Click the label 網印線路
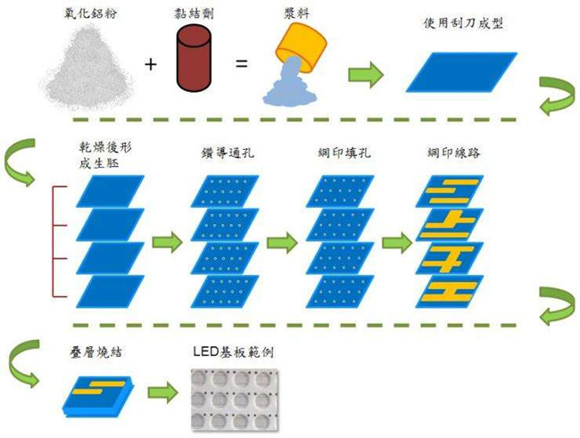tap(454, 153)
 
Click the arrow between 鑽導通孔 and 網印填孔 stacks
tap(282, 241)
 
